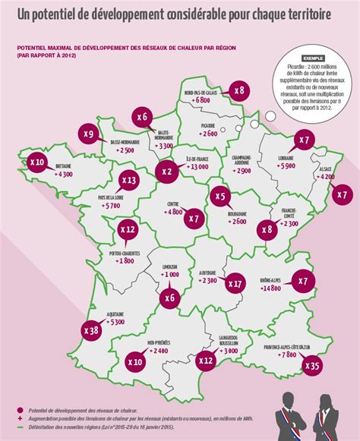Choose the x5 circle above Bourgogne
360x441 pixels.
click(x=220, y=197)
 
